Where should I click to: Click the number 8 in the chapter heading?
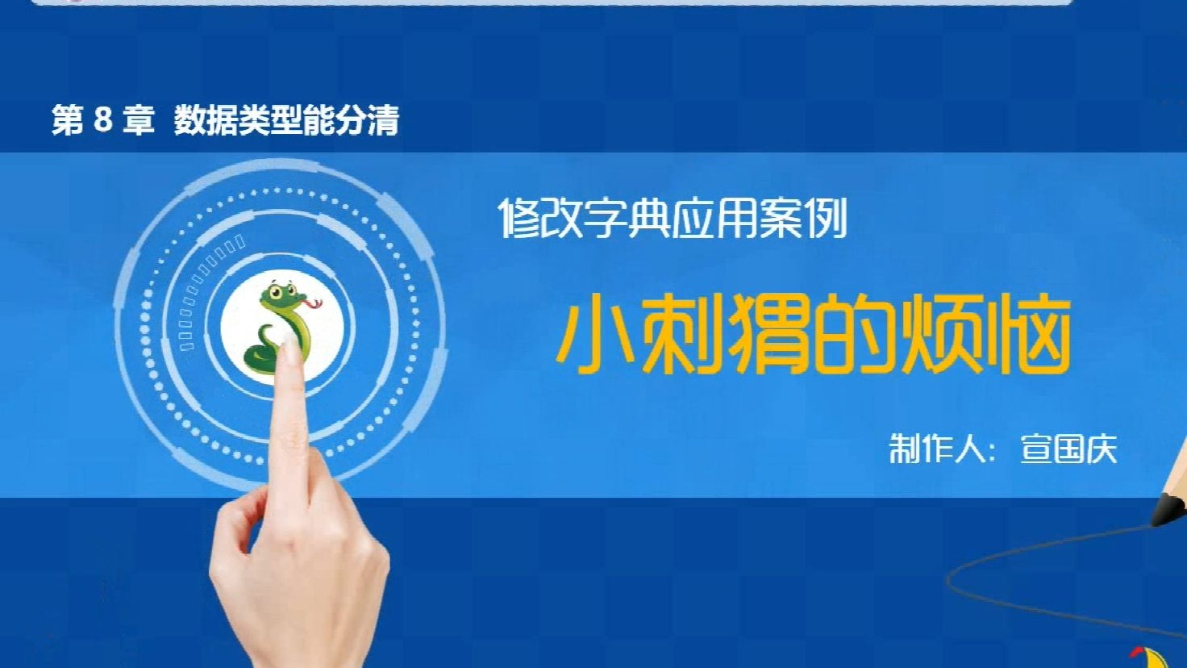click(102, 120)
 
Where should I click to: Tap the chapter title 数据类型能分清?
click(286, 121)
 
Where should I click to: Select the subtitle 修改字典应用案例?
click(673, 218)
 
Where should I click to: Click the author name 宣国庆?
click(1068, 449)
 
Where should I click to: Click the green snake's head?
click(280, 294)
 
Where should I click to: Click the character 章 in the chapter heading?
click(139, 120)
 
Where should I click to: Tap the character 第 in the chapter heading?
click(68, 120)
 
